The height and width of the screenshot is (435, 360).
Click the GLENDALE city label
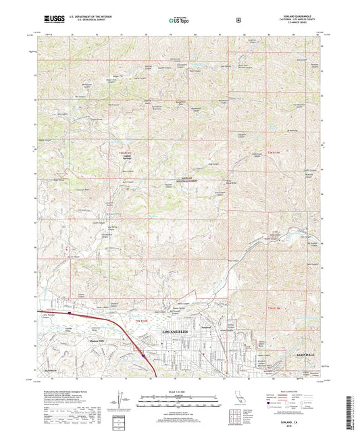[x=307, y=353]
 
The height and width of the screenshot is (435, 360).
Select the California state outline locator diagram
[x=240, y=399]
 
